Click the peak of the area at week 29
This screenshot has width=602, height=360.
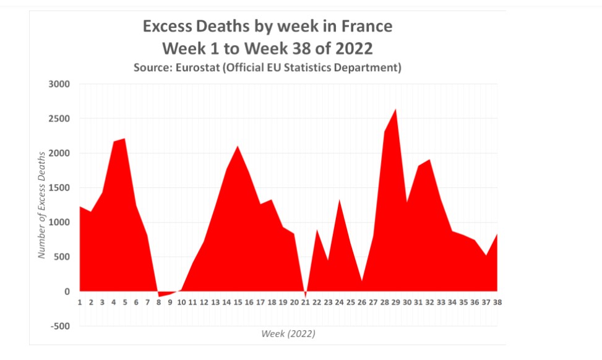395,109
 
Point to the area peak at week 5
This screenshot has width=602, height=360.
125,139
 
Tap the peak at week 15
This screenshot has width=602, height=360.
238,146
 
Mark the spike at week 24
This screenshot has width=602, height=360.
339,200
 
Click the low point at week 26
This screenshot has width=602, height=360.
362,281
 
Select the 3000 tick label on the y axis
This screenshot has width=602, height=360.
59,84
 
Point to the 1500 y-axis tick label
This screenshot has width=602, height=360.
59,187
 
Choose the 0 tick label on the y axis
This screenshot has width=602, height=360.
67,291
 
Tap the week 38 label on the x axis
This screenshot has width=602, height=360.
497,302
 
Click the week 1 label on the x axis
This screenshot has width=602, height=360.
80,302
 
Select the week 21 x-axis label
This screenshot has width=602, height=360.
305,302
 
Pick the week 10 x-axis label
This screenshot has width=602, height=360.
181,302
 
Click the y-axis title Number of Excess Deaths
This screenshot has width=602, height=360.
41,204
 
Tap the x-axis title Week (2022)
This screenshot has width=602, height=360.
288,334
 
